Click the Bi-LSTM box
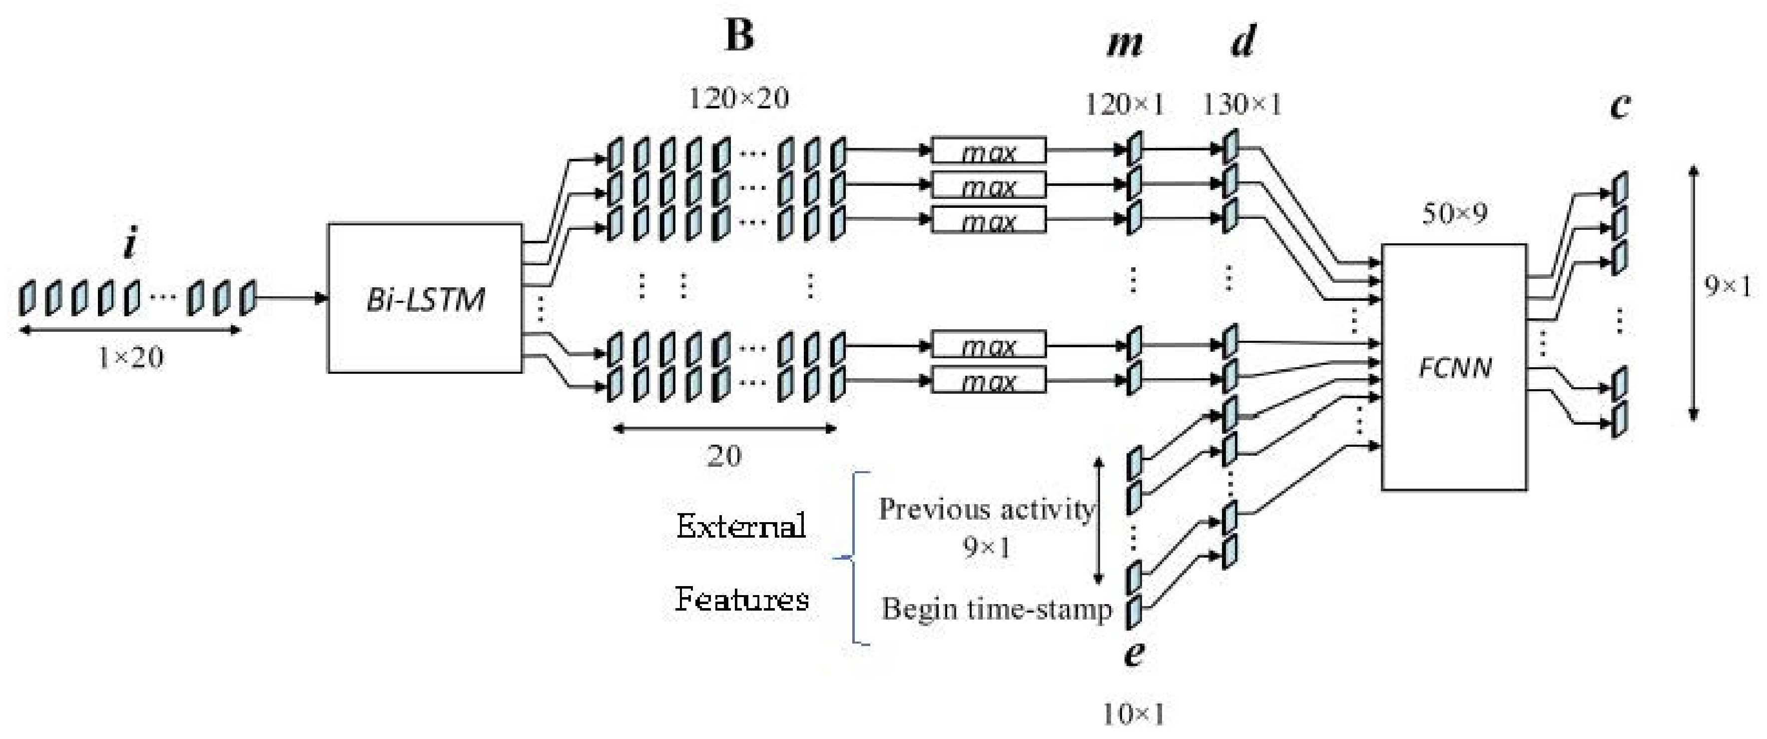pos(425,298)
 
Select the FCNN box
pos(1454,367)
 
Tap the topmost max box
pos(988,151)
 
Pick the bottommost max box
pos(988,380)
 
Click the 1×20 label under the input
pos(130,357)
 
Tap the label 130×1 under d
pos(1241,104)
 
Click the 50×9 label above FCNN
pos(1454,214)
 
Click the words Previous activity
pos(986,510)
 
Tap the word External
pos(741,526)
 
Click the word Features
pos(741,599)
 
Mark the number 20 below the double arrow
pos(724,456)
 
